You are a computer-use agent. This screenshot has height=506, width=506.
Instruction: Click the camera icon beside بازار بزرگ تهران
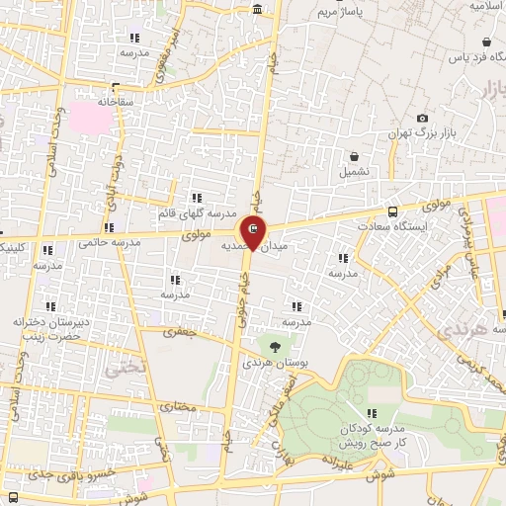tap(423, 119)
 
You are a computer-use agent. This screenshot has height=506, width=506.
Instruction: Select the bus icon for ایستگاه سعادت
tap(393, 211)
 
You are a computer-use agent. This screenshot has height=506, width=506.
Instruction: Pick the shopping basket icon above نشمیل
tap(354, 156)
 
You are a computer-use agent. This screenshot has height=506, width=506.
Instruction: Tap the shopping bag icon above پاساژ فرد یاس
tap(487, 42)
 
